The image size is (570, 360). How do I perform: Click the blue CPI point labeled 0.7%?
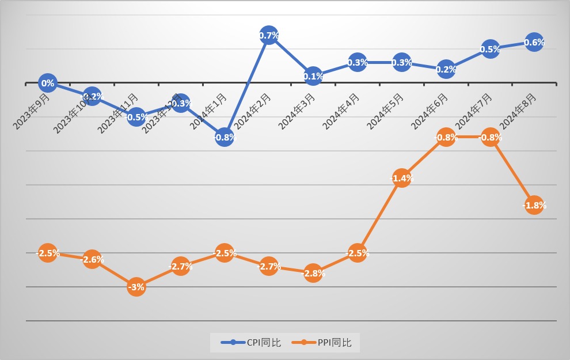[269, 36]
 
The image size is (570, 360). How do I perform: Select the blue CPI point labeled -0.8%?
[225, 137]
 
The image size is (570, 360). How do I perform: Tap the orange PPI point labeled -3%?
[136, 287]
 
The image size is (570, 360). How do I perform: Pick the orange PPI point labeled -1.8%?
[534, 205]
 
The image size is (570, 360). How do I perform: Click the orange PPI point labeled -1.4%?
[402, 178]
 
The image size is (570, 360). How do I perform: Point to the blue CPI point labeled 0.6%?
[534, 42]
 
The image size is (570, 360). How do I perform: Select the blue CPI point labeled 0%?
[48, 84]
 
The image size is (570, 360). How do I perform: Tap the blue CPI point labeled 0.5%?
[489, 49]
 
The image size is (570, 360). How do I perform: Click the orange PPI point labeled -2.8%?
[313, 273]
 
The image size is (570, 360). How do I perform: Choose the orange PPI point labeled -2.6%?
[92, 260]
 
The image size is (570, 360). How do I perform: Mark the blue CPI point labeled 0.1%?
[313, 76]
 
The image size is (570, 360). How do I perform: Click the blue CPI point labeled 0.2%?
[446, 69]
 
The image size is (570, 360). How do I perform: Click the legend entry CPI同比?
[252, 343]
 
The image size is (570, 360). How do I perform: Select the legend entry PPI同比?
[326, 343]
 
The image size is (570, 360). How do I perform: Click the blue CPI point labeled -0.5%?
[136, 117]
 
